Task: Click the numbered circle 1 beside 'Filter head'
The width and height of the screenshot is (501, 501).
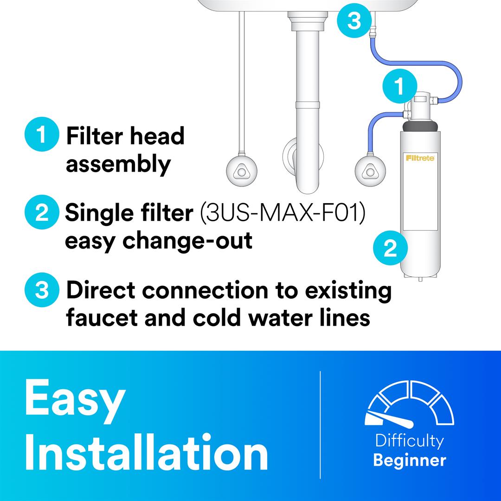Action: click(x=42, y=134)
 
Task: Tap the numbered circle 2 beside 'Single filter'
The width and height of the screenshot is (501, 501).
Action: click(x=42, y=212)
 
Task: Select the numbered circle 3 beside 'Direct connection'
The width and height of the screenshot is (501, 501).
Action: click(x=42, y=290)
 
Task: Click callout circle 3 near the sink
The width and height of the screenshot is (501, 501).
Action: click(x=354, y=20)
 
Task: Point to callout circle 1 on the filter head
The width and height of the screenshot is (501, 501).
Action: click(x=400, y=86)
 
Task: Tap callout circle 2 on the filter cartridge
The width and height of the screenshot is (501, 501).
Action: click(x=391, y=248)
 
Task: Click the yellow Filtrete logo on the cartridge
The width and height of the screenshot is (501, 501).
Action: click(x=420, y=158)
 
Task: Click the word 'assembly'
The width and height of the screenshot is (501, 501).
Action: click(x=118, y=164)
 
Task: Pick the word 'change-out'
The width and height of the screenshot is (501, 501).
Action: click(x=187, y=241)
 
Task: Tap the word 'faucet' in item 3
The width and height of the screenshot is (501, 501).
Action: click(x=102, y=318)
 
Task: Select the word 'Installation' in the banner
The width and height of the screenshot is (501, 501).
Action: click(x=146, y=452)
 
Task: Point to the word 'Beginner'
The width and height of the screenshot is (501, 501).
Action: click(x=410, y=461)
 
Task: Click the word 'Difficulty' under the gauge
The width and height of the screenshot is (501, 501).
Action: click(x=410, y=441)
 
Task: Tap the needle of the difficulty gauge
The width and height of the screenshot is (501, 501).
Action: click(x=389, y=419)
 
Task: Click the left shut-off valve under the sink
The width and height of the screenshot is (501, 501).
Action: click(x=242, y=171)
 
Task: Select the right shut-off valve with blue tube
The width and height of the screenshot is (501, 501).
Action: click(x=370, y=171)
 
